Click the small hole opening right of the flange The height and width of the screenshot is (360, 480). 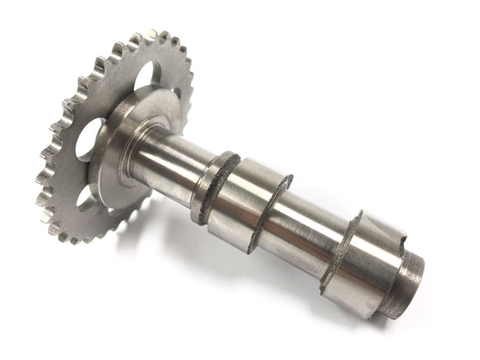pos(176,94)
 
